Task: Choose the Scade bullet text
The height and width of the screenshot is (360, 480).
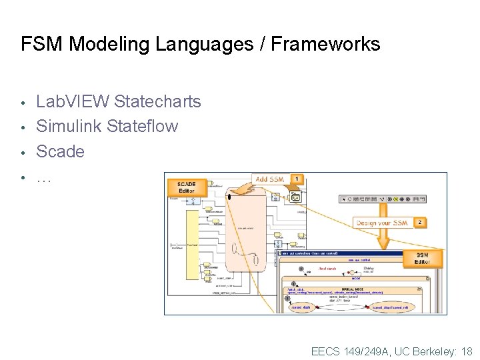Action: (60, 151)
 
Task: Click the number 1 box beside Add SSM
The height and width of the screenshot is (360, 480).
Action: (297, 180)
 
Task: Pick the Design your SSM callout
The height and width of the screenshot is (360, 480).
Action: (383, 222)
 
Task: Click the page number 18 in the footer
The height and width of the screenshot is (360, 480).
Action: (466, 351)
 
